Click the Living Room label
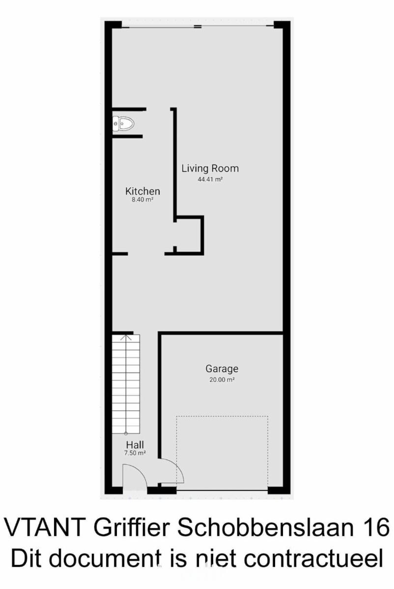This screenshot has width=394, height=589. click(x=210, y=168)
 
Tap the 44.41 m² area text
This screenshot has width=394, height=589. click(x=210, y=180)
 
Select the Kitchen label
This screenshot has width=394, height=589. click(x=142, y=191)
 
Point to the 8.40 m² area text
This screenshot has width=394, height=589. click(x=142, y=200)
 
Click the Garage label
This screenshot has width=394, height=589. click(x=222, y=369)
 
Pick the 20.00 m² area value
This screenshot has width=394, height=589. click(x=222, y=380)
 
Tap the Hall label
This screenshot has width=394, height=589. click(x=135, y=445)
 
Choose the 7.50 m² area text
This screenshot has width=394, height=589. click(x=135, y=453)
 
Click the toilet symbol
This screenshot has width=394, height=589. click(x=123, y=123)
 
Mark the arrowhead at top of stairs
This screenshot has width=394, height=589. click(x=126, y=337)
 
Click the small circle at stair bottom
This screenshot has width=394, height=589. click(x=126, y=433)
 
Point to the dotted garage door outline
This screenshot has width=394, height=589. click(x=222, y=416)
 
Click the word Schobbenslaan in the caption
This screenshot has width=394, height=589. click(x=266, y=528)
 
